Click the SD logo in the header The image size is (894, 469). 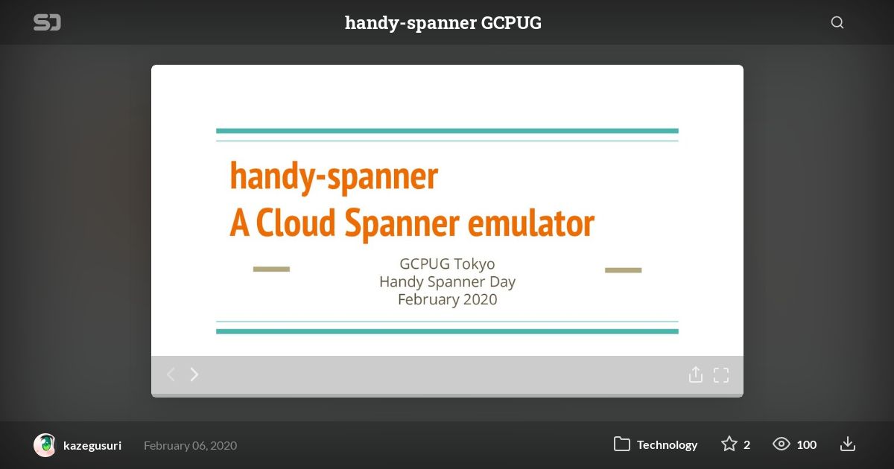point(47,22)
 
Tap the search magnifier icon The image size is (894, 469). point(837,22)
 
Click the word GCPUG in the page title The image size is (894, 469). point(511,23)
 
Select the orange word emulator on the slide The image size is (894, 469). point(530,223)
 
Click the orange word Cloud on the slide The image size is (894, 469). point(296,223)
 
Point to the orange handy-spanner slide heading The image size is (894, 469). point(334,177)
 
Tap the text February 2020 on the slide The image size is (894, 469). point(448,299)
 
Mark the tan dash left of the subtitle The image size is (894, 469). point(271,269)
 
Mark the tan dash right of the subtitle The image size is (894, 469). point(623,270)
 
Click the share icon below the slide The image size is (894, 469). point(696,374)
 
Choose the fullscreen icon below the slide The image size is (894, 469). point(721,375)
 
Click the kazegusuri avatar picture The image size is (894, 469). point(45,445)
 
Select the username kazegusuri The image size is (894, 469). point(92,445)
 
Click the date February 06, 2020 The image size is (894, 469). point(191,445)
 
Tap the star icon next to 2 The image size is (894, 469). point(729,444)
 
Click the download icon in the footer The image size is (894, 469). point(847,444)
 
